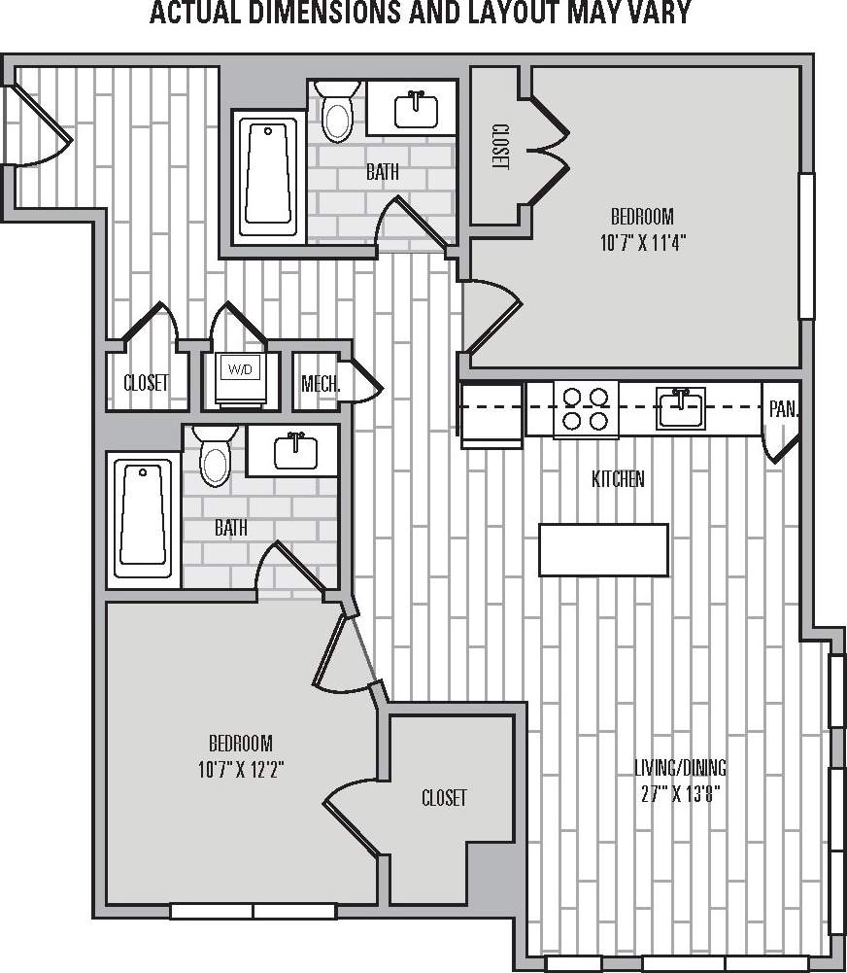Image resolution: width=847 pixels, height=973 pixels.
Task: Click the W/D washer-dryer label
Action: (x=238, y=369)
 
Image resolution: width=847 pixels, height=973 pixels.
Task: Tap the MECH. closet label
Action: (x=321, y=383)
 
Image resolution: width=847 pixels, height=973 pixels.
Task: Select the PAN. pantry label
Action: (x=783, y=409)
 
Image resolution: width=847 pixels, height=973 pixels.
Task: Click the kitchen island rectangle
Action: (x=604, y=549)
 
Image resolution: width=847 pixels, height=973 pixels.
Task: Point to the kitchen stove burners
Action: (x=586, y=408)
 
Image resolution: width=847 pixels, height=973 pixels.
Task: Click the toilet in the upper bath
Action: (x=337, y=115)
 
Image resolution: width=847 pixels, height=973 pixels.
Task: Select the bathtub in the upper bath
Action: (x=269, y=176)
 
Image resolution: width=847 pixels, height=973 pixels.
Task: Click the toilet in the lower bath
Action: (x=215, y=457)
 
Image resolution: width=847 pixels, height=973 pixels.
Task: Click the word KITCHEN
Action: (x=619, y=478)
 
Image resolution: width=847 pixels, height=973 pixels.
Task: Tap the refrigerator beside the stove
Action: (x=491, y=413)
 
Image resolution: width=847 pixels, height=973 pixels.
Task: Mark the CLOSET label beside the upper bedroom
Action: (x=500, y=147)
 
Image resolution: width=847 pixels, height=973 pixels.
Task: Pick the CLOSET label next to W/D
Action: (x=146, y=383)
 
